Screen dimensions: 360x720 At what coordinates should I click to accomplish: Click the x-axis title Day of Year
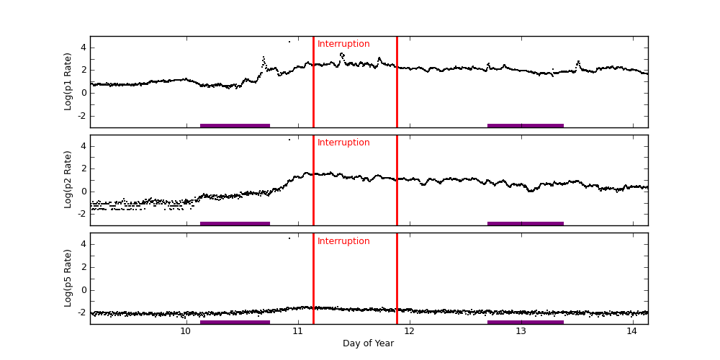368,343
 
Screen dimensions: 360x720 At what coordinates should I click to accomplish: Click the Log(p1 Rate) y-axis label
68,81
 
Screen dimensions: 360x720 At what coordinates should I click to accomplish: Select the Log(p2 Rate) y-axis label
68,179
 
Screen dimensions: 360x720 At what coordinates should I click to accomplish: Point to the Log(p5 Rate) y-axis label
68,278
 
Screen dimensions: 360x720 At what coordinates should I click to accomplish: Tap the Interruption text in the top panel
343,44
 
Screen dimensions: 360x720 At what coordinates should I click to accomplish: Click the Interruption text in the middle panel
343,143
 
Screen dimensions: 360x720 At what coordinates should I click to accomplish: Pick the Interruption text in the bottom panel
343,241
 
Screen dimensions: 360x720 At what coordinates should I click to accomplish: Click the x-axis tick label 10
185,331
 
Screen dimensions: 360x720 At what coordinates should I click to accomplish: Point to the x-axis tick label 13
521,331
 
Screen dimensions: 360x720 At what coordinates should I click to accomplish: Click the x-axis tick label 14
632,331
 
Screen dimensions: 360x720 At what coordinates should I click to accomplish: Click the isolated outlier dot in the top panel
289,41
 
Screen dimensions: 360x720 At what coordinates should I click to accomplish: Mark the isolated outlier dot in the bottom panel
289,238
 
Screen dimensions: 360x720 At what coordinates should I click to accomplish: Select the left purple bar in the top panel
235,125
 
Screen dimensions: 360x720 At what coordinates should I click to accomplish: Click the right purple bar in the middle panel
526,223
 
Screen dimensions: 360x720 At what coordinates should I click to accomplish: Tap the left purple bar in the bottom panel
235,322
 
